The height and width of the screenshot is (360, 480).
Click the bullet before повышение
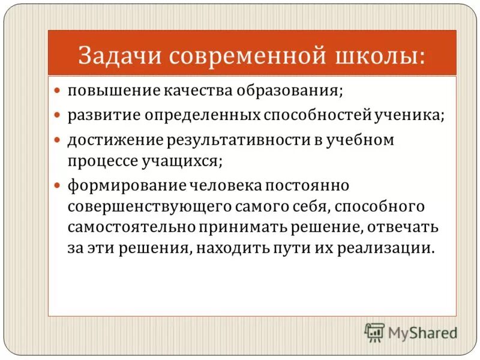(58, 92)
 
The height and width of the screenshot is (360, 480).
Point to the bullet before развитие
(58, 114)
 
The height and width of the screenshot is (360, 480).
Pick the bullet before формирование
(58, 186)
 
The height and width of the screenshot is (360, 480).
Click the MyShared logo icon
(374, 332)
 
